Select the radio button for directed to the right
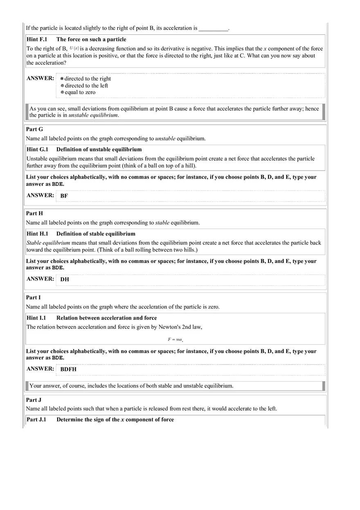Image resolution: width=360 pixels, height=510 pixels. coord(62,79)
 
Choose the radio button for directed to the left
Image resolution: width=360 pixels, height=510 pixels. coord(62,85)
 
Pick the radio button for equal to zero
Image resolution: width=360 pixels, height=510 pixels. coord(62,92)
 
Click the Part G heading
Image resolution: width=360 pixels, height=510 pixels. coord(34,129)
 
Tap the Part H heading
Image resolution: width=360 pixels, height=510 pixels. coord(34,213)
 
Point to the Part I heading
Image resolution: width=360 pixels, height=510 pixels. coord(33,297)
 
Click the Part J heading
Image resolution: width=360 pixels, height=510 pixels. coord(34,400)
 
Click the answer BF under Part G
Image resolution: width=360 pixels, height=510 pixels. coord(64,196)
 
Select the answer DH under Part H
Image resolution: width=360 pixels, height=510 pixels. coord(65,280)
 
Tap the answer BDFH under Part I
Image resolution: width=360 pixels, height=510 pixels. coord(68,369)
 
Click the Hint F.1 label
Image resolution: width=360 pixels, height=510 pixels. coord(37,40)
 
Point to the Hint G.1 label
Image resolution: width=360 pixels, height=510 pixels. coord(37,150)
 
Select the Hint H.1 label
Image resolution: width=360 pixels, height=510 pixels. coord(37,234)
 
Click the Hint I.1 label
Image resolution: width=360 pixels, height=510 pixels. coord(36,318)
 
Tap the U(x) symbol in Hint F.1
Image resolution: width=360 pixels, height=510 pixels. coord(74,49)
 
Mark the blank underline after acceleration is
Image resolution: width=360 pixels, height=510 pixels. coord(213,29)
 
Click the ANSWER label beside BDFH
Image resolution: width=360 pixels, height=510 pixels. coord(40,368)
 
